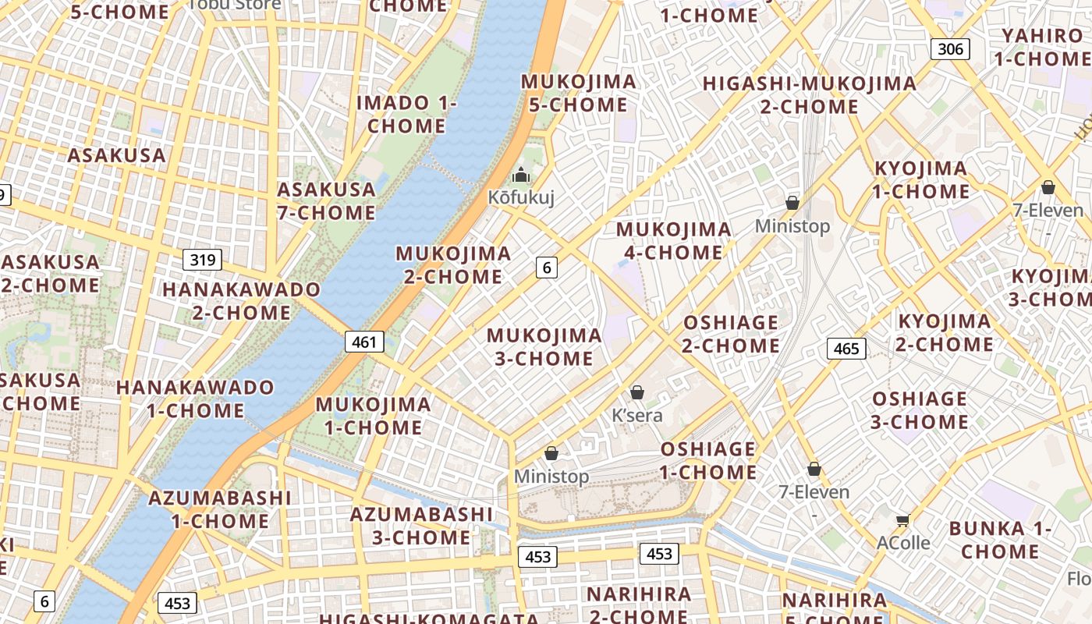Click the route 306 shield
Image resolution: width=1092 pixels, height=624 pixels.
(x=950, y=49)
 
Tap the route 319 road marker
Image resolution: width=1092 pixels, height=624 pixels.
(x=203, y=259)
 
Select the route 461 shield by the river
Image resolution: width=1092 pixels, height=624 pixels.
(x=364, y=341)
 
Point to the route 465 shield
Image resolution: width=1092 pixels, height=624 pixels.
(x=846, y=348)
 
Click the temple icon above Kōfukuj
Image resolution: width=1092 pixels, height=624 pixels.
(x=521, y=175)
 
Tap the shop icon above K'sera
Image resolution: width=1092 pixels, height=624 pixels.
(x=637, y=392)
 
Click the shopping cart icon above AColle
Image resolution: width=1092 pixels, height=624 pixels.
(x=903, y=520)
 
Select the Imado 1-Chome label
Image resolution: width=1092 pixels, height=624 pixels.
(x=406, y=114)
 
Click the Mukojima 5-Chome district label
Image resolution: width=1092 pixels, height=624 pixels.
(x=578, y=93)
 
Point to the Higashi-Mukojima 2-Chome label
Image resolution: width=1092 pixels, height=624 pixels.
(x=810, y=94)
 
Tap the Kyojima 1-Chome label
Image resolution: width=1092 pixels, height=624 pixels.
(x=920, y=179)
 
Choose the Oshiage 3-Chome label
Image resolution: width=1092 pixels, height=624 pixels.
(x=920, y=410)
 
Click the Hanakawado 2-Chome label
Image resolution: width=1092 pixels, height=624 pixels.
(x=241, y=300)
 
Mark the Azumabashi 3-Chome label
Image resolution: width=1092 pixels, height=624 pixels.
(x=421, y=526)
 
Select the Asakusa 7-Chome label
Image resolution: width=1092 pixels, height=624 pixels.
(x=326, y=200)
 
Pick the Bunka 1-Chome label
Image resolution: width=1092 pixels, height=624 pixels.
(x=1000, y=540)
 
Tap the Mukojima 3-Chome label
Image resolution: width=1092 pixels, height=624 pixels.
(x=544, y=347)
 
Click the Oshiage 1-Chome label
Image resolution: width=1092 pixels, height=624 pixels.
(x=708, y=460)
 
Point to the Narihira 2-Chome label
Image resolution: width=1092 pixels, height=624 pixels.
(x=639, y=604)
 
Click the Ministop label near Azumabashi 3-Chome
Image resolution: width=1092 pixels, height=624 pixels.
(x=551, y=476)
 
